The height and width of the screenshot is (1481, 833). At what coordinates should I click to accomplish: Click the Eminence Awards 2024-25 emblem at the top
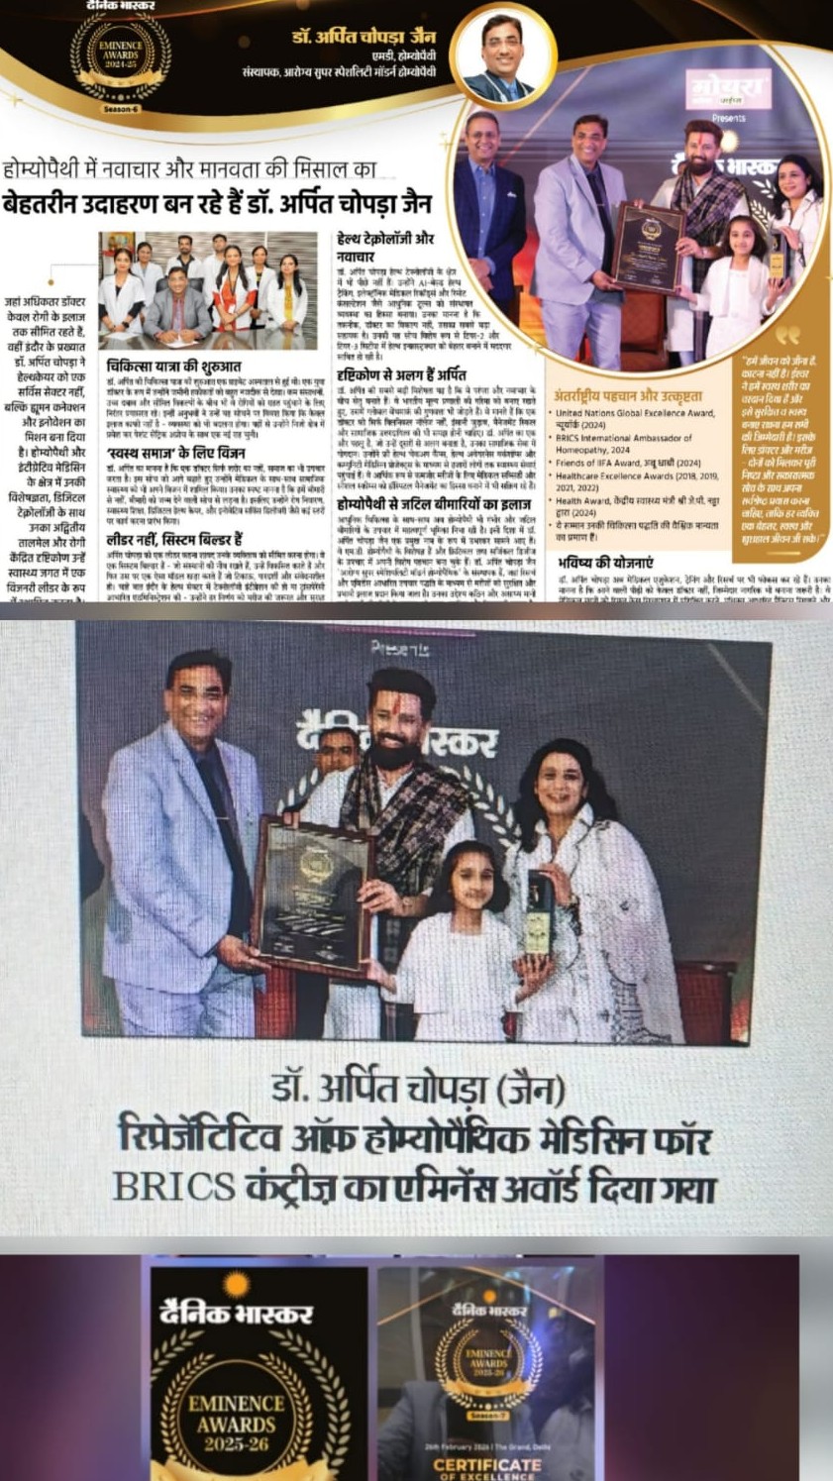coord(120,56)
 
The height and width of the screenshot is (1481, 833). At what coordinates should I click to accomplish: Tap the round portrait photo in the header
coord(502,57)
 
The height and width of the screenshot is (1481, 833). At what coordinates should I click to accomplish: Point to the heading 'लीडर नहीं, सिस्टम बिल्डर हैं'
coord(174,540)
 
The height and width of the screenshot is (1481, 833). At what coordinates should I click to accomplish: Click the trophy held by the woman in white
coord(540,911)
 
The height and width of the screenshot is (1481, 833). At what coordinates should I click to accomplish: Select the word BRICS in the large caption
coord(173,1186)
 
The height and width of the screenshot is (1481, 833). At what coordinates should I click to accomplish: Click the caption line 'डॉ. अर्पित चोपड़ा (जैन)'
coord(416,1089)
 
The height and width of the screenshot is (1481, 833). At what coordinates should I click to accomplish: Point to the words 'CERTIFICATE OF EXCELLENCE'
coord(488,1468)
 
